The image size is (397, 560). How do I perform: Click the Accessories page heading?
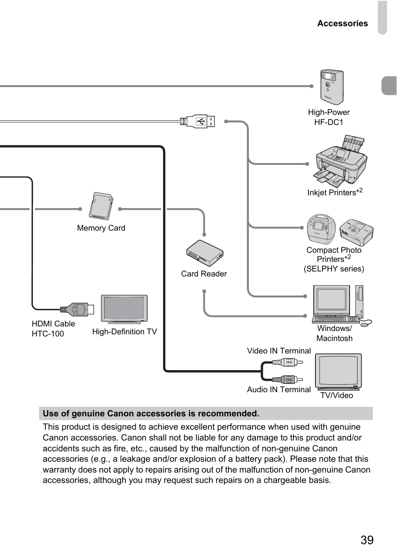342,24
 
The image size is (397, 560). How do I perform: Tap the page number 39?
367,540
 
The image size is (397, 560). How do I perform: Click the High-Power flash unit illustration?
332,87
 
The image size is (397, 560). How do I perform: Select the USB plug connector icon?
200,122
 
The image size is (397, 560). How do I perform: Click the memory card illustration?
101,206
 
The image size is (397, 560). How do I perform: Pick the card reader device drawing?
205,253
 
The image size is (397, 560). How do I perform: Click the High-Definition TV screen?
124,309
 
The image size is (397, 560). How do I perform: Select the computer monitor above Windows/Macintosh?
332,300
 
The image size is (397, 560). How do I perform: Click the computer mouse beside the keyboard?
366,322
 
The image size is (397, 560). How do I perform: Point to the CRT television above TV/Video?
338,371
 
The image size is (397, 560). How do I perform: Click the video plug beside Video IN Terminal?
287,362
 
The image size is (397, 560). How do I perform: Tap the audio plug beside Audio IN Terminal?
287,379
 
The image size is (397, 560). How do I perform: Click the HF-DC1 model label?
329,122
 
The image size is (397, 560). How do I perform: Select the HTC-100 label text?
48,334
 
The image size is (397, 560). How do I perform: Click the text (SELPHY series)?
334,269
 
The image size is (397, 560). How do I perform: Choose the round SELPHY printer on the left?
321,228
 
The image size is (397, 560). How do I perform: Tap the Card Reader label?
204,274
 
